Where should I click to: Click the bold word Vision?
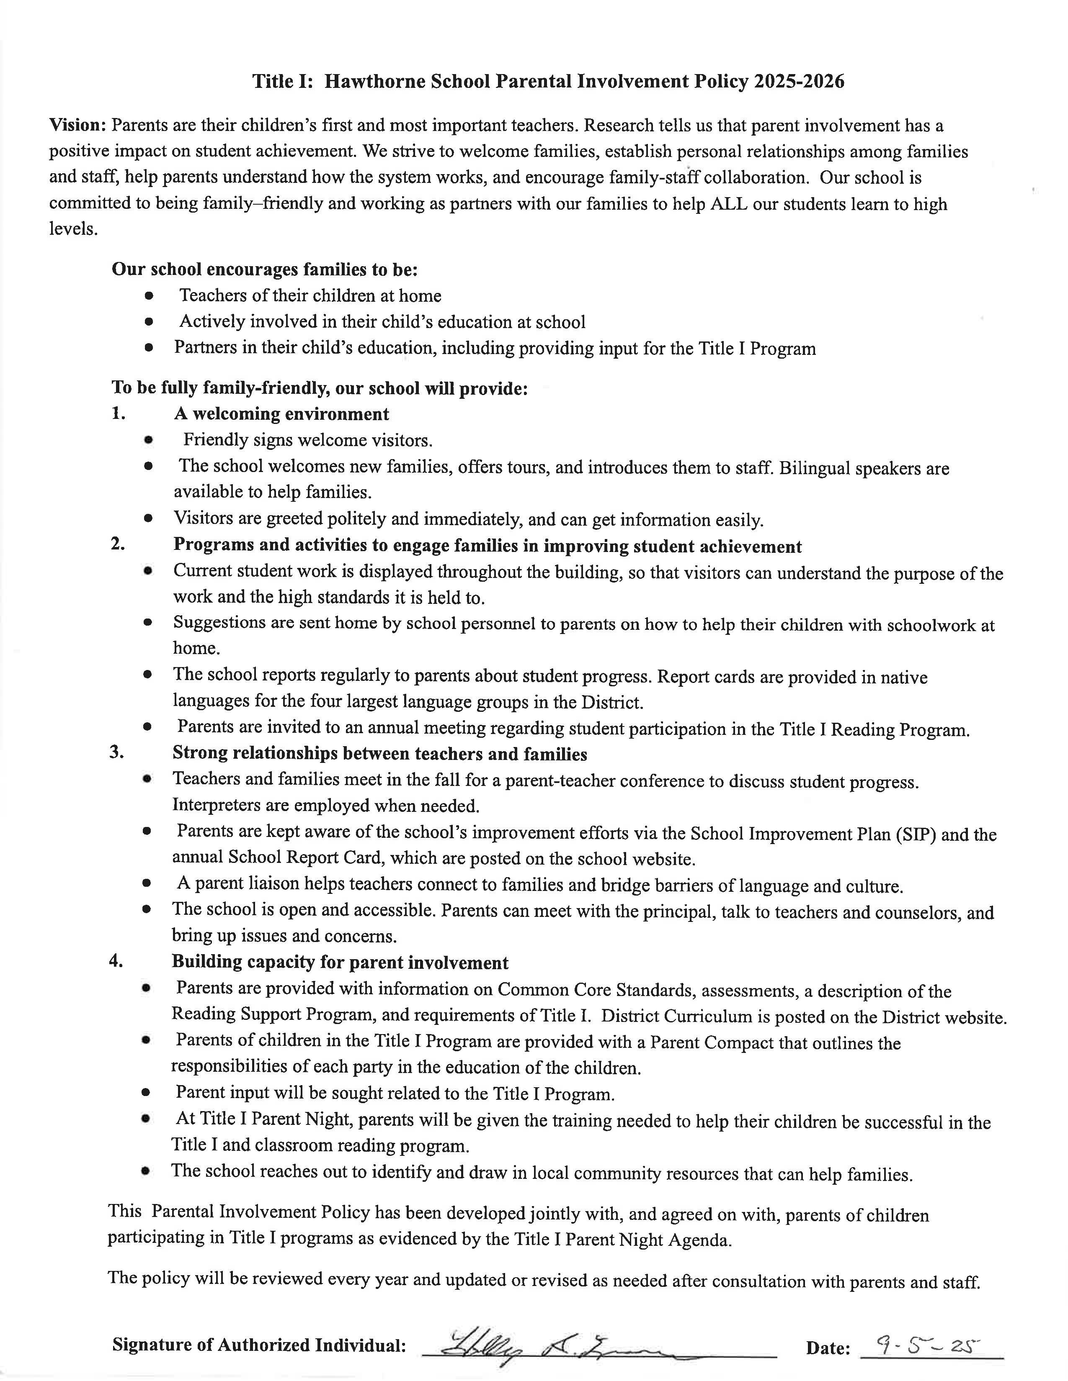(77, 125)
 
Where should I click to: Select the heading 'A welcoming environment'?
(281, 414)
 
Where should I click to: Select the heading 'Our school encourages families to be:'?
(264, 270)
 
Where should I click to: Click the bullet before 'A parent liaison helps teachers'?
(147, 884)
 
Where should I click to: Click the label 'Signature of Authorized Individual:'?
(259, 1345)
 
